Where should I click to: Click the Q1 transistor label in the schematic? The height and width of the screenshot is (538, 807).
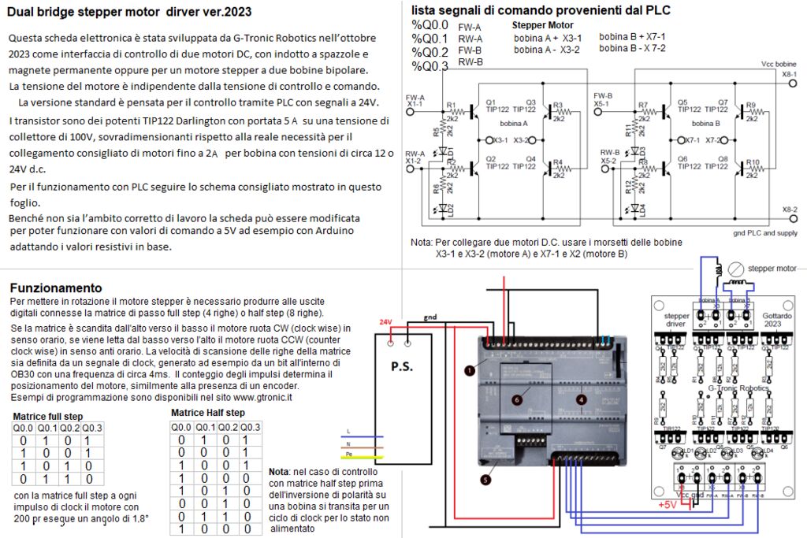[x=491, y=102]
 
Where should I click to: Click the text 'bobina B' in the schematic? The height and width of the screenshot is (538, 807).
[x=705, y=124]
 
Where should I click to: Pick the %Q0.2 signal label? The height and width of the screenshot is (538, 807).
[x=430, y=52]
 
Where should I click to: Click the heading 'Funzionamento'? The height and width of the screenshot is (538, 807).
[x=55, y=288]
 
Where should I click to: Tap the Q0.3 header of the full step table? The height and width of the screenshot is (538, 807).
[x=92, y=428]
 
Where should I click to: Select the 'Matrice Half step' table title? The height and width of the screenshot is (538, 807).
[x=207, y=413]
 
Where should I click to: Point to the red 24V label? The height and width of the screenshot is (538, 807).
[x=385, y=322]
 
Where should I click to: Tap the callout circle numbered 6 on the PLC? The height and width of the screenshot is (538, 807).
[x=517, y=400]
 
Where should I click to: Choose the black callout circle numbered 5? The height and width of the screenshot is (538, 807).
[x=486, y=478]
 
